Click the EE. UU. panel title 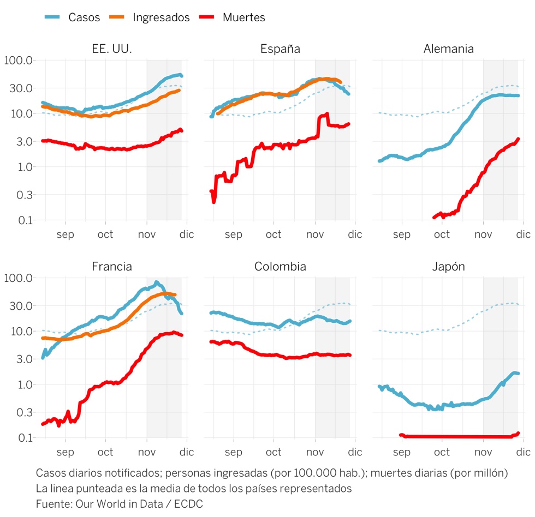[x=112, y=49]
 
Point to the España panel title [x=280, y=49]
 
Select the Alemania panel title [x=448, y=49]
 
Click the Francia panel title [x=112, y=267]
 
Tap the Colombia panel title [x=280, y=267]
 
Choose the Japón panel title [x=448, y=267]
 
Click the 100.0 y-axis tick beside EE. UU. [x=19, y=60]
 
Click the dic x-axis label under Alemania [x=523, y=235]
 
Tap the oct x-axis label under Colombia [x=274, y=452]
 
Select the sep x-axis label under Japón [x=401, y=452]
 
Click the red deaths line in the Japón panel [x=459, y=436]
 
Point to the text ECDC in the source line [x=188, y=504]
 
